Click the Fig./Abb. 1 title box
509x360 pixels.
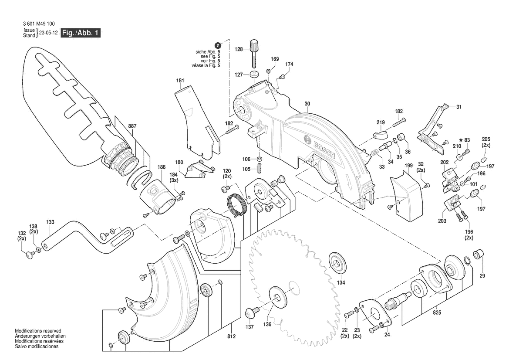pos(81,33)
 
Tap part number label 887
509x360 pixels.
pos(132,126)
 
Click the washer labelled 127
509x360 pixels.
pos(254,75)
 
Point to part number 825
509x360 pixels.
pos(437,312)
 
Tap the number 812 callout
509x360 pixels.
pos(231,336)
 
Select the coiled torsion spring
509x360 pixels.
pos(236,205)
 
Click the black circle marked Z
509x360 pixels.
pos(218,45)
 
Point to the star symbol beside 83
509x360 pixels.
pos(461,140)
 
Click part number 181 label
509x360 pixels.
pos(180,81)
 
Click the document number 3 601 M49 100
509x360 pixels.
pos(39,24)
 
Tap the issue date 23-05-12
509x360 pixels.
pos(48,33)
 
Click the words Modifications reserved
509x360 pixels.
pos(38,331)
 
